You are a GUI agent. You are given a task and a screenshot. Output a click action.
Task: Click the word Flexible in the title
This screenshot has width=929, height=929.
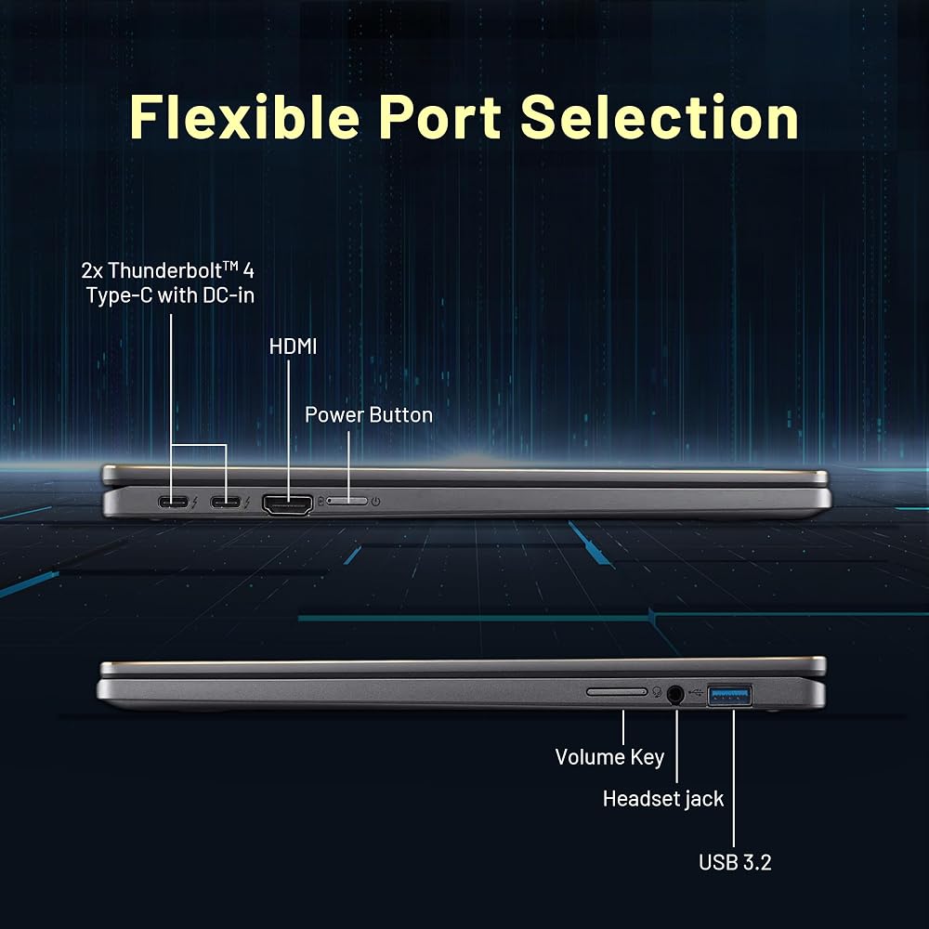coord(244,117)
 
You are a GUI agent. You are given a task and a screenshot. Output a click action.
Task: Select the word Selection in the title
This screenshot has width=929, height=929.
coord(660,117)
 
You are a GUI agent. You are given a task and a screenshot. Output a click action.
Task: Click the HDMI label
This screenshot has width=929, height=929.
coord(293,347)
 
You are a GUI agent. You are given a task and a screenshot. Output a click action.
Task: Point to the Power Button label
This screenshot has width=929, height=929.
coord(369,414)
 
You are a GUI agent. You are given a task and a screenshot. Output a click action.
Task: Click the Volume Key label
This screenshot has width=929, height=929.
coord(609,757)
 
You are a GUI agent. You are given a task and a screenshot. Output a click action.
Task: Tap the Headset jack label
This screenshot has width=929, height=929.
coord(663,799)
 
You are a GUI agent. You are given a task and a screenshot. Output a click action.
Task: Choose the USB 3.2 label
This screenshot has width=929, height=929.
coord(735,862)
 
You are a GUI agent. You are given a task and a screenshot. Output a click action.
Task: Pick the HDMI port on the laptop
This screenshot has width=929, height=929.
coord(287,504)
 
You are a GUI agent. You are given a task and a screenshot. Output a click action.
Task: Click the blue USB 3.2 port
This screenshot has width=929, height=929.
coord(730,694)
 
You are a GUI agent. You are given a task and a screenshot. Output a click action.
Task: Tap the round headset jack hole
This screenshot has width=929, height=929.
coord(674,694)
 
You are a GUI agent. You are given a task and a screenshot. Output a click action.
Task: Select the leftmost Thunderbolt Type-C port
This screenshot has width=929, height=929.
coord(173,503)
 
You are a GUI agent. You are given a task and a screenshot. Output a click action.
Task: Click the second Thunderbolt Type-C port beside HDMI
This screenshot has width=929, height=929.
coord(225,503)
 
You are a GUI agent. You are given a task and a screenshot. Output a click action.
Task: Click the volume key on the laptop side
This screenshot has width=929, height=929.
coord(617,691)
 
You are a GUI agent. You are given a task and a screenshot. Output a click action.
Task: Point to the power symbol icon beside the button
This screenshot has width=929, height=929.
coord(375,502)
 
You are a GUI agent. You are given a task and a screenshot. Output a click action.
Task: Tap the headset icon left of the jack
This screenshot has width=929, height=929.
coord(657,692)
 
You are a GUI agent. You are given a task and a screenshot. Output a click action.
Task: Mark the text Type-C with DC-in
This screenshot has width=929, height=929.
coord(171,295)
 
